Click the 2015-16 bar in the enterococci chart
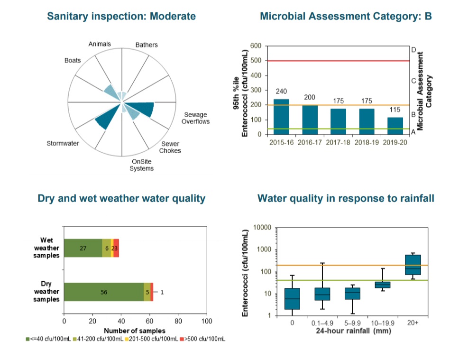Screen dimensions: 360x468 click(281, 117)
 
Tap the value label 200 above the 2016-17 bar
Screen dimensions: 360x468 click(310, 97)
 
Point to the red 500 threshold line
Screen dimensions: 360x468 click(338, 61)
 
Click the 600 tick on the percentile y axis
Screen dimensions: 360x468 click(256, 46)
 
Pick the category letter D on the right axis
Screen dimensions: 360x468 click(413, 49)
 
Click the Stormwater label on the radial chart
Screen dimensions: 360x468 click(63, 143)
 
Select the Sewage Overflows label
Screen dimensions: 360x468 click(195, 118)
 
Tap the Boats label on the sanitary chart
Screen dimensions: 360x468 click(73, 61)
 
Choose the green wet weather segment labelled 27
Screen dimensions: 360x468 click(83, 248)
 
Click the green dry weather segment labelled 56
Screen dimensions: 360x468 click(104, 292)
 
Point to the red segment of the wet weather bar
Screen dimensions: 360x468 click(116, 248)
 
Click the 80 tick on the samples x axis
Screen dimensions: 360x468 click(178, 321)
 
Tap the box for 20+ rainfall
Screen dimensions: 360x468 click(413, 265)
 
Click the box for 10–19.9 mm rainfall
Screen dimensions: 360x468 click(382, 285)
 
